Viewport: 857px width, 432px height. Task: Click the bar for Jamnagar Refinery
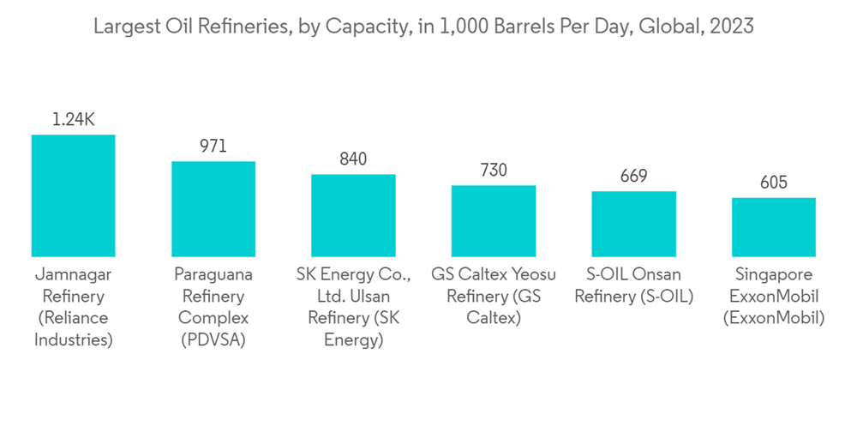click(x=73, y=195)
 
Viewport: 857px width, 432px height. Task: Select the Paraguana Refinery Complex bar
click(x=213, y=209)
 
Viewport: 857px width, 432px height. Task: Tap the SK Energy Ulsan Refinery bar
click(x=353, y=215)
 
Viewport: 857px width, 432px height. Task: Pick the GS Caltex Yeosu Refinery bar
click(x=494, y=221)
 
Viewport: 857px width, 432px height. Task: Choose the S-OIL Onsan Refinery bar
click(x=633, y=224)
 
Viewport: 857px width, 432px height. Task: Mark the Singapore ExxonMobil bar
click(x=773, y=227)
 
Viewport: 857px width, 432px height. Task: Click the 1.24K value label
click(x=73, y=120)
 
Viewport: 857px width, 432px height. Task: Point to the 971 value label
click(x=213, y=147)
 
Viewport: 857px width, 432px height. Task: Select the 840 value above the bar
click(x=353, y=159)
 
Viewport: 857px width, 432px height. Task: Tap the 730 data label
click(x=494, y=171)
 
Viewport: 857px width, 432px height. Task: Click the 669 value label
click(x=633, y=177)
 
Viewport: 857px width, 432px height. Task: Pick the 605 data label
click(x=773, y=183)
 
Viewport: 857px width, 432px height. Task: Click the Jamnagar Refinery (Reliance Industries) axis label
click(x=73, y=307)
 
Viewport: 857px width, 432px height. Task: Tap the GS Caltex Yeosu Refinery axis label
click(x=494, y=297)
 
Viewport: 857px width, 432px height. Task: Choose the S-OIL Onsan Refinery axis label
click(x=633, y=285)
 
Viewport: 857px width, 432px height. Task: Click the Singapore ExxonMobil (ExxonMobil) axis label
click(x=773, y=297)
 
